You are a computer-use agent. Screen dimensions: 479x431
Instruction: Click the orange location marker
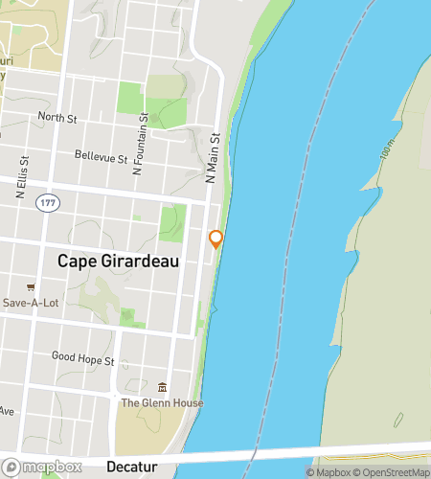tap(216, 239)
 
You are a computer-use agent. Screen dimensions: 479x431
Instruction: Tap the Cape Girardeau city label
tap(119, 261)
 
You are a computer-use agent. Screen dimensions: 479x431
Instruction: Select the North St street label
tap(57, 118)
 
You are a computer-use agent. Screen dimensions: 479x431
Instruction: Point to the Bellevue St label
tap(101, 155)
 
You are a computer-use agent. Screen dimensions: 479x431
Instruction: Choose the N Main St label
tap(215, 157)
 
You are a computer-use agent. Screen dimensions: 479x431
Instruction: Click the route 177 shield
tap(45, 204)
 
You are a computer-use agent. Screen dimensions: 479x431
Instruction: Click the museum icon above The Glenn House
tap(161, 388)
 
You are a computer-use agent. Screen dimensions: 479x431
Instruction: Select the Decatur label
tap(132, 467)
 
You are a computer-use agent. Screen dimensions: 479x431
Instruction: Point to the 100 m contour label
tap(386, 149)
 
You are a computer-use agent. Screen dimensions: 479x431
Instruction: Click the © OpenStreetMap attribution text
tap(393, 472)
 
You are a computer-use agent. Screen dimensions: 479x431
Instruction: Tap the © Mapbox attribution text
tap(328, 472)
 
